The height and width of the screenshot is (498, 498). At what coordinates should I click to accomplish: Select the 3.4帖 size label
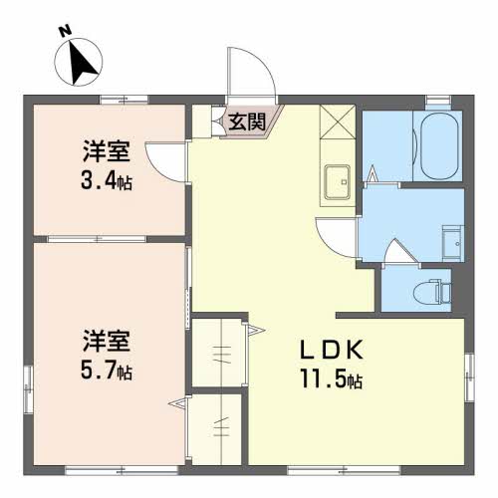click(x=107, y=181)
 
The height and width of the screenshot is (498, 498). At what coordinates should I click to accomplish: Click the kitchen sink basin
click(x=336, y=182)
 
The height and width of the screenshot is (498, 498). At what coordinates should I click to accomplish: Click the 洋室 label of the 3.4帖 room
click(x=106, y=154)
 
